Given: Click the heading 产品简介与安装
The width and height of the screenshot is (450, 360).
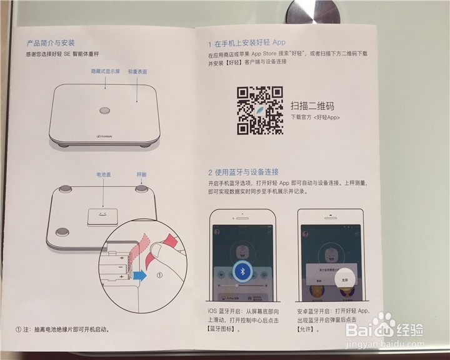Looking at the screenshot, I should pyautogui.click(x=51, y=44).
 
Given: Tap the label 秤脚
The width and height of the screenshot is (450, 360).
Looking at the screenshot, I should pyautogui.click(x=141, y=176).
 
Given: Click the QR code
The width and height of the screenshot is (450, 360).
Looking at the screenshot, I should pyautogui.click(x=259, y=110).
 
